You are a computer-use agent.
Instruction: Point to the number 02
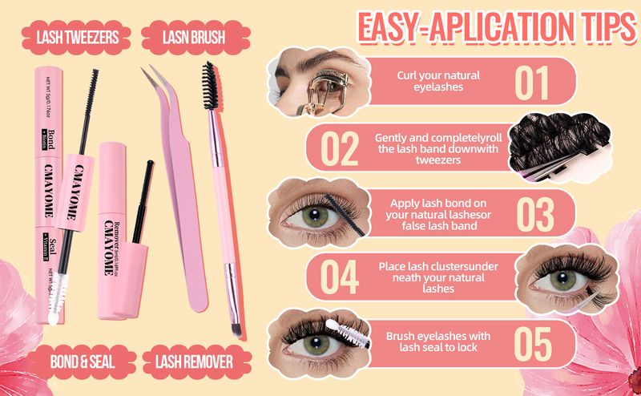340,147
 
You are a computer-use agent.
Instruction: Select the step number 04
340,277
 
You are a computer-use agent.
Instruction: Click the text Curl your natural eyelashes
438,82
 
